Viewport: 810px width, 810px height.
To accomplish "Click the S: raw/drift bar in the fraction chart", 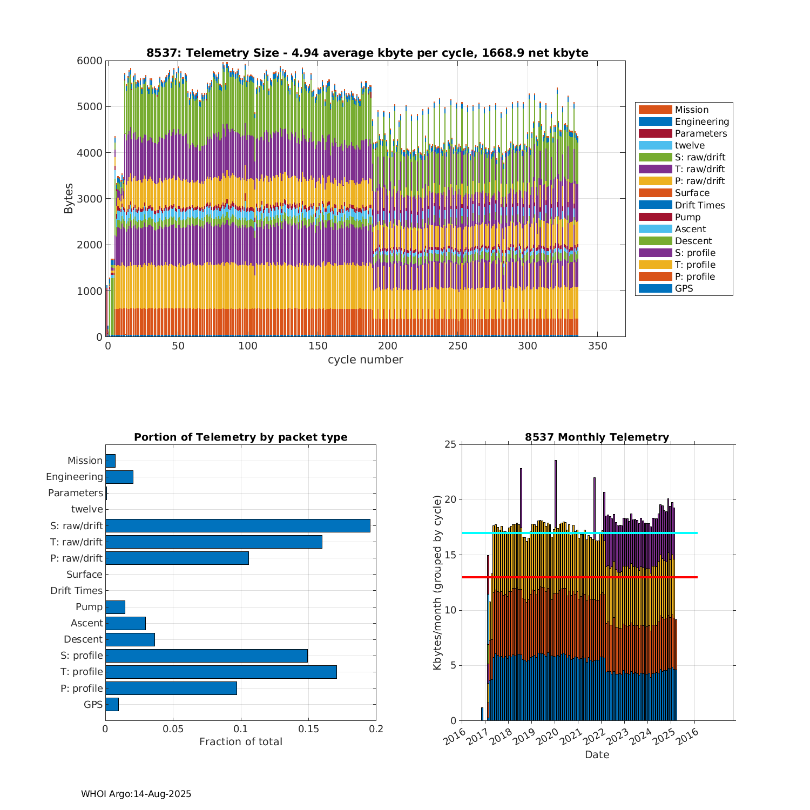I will pyautogui.click(x=238, y=525).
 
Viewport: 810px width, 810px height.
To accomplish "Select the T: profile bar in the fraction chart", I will pyautogui.click(x=221, y=672).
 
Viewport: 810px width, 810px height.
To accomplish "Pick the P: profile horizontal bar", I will pyautogui.click(x=171, y=688).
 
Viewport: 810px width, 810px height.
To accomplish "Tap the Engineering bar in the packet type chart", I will pyautogui.click(x=119, y=477).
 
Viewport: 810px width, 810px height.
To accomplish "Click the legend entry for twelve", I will pyautogui.click(x=690, y=145).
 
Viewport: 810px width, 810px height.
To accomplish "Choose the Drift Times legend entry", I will pyautogui.click(x=699, y=205).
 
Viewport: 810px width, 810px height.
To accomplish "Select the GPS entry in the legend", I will pyautogui.click(x=684, y=288).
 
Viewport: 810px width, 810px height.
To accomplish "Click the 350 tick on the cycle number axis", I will pyautogui.click(x=597, y=346).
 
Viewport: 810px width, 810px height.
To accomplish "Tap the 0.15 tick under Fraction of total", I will pyautogui.click(x=308, y=729).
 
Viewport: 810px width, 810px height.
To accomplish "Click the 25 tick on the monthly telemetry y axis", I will pyautogui.click(x=450, y=444).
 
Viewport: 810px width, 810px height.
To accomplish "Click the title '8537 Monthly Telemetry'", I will pyautogui.click(x=597, y=437).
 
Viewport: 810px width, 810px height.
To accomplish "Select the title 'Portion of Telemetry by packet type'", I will pyautogui.click(x=240, y=437).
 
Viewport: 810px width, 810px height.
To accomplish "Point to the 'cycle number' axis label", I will pyautogui.click(x=365, y=360).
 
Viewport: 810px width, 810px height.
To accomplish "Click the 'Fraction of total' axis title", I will pyautogui.click(x=240, y=741).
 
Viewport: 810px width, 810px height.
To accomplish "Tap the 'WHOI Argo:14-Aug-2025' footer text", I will pyautogui.click(x=136, y=794).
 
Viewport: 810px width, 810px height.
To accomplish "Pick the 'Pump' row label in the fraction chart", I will pyautogui.click(x=89, y=607).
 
